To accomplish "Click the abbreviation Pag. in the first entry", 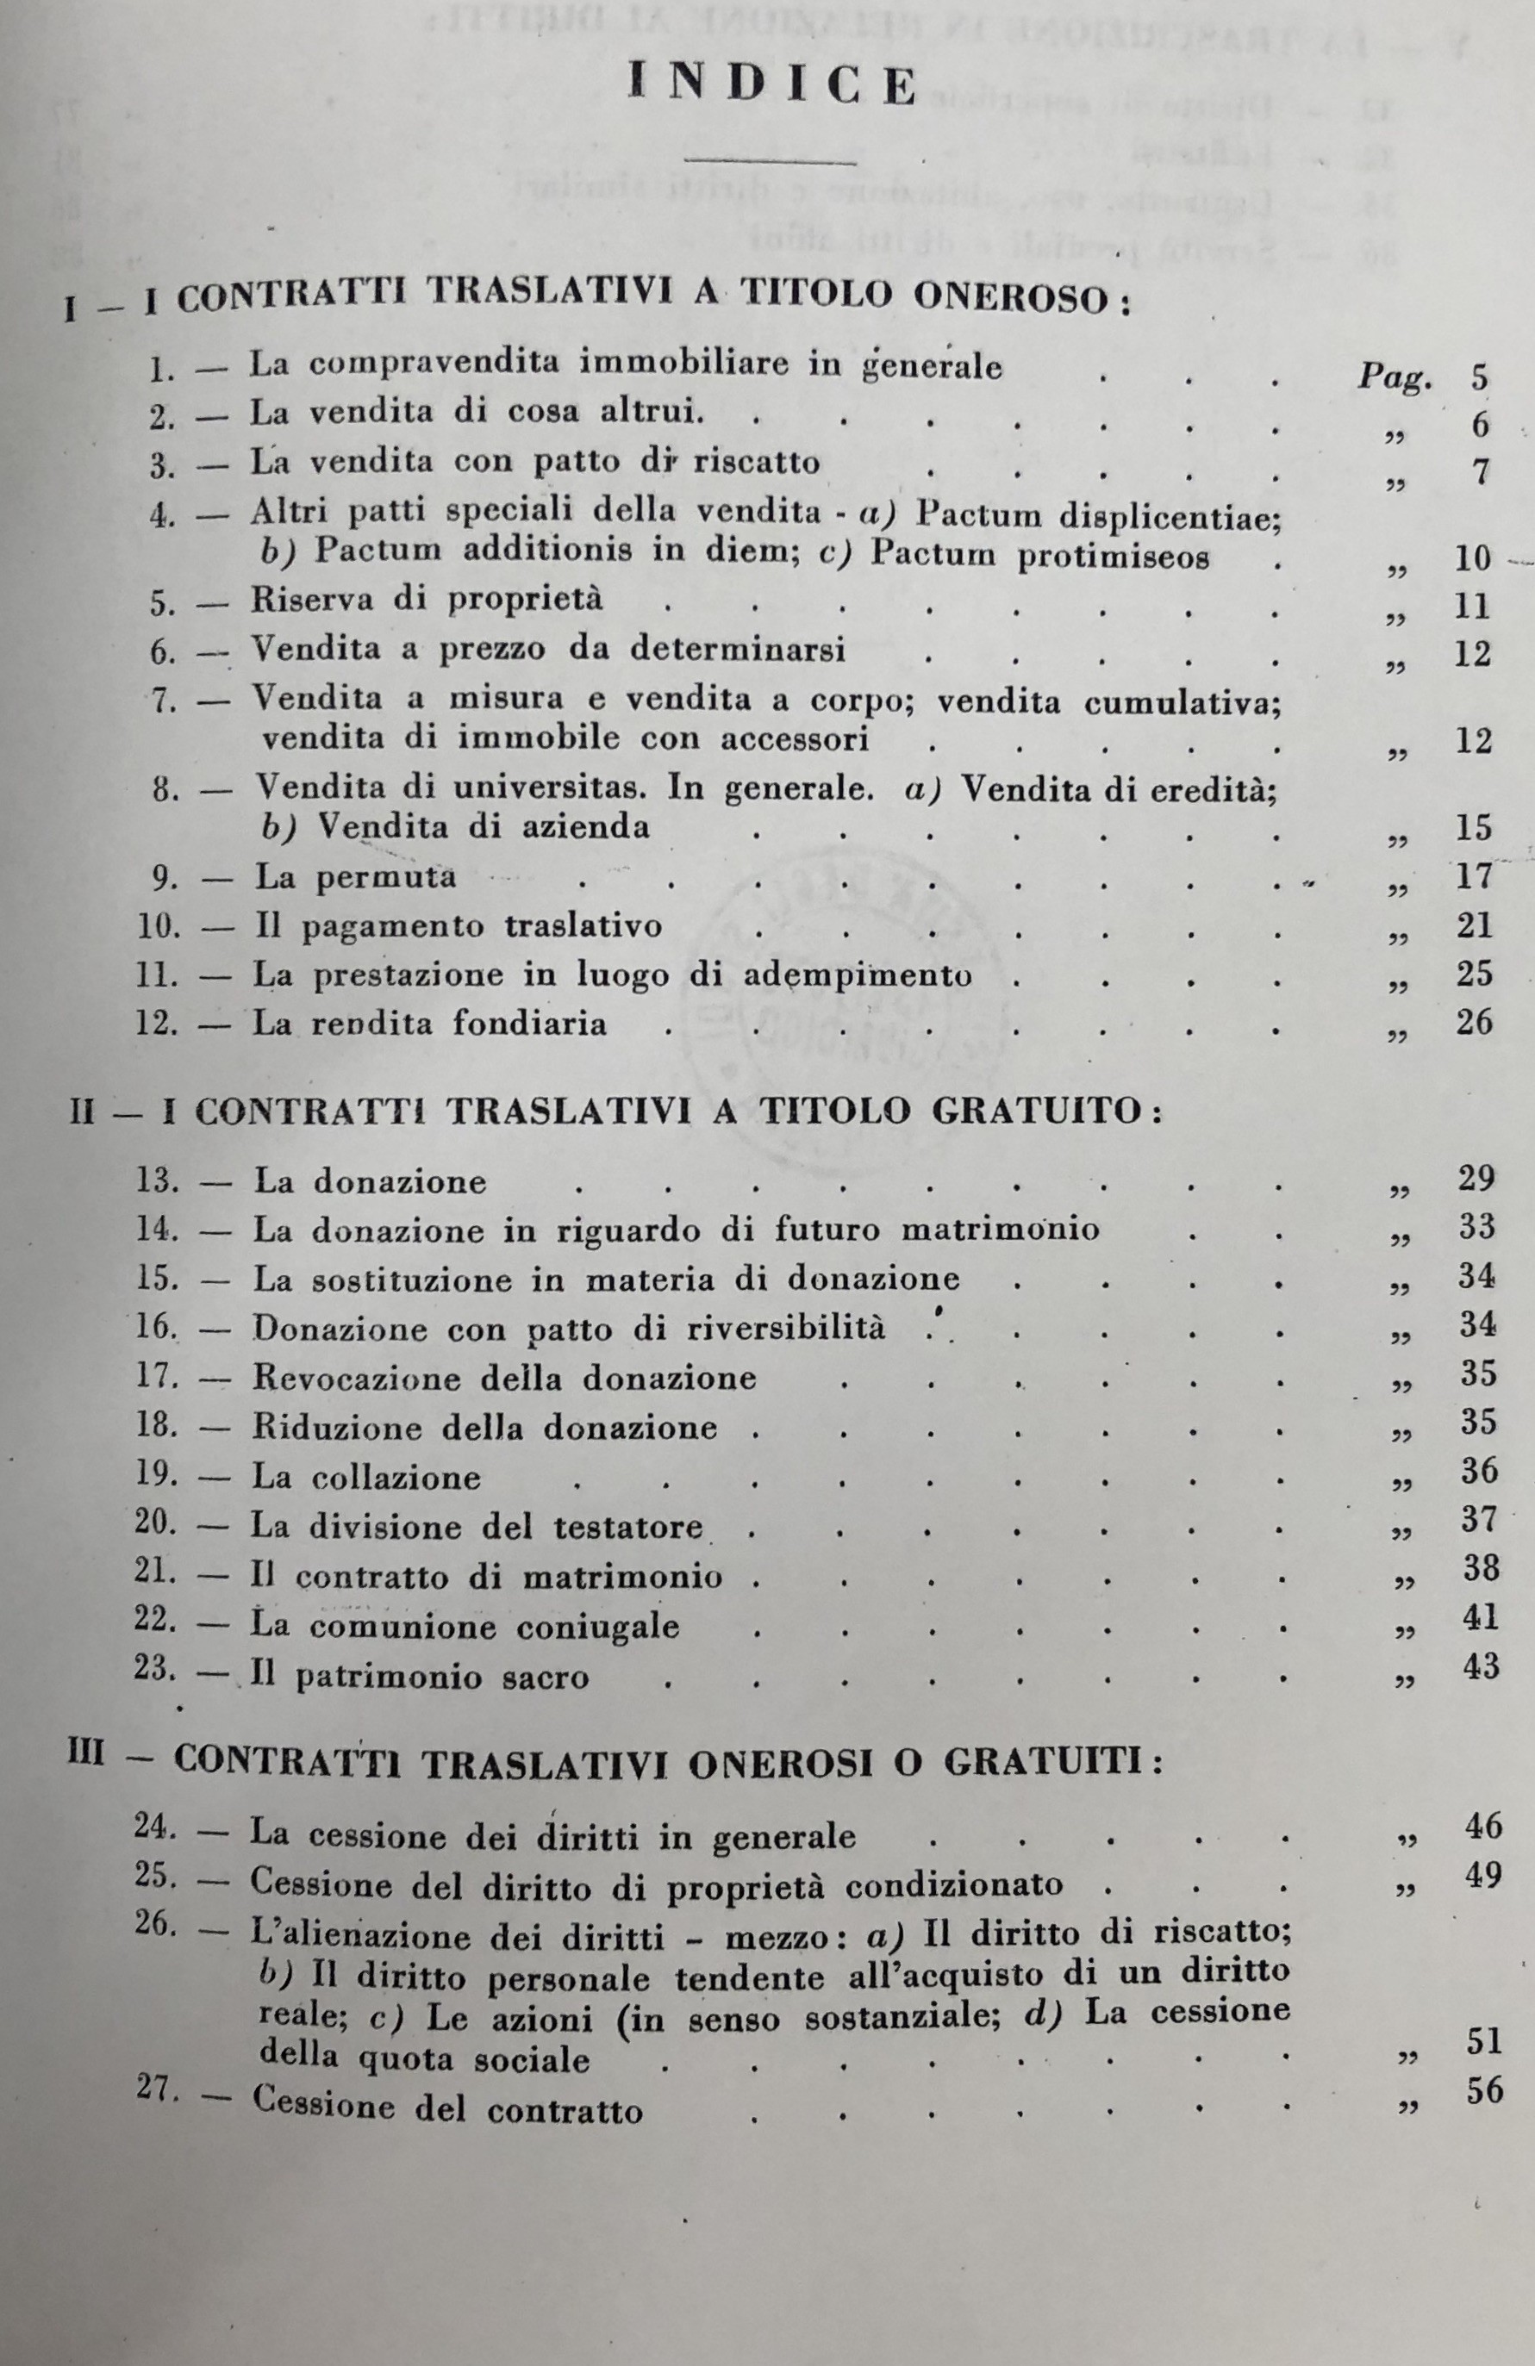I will [1395, 377].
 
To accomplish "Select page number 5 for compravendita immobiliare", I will [1478, 377].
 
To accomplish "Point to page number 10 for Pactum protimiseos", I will [1472, 557].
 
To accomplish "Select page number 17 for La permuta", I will [1472, 875].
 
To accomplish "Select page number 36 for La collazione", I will [1477, 1473].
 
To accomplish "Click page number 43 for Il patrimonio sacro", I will [1478, 1667].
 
